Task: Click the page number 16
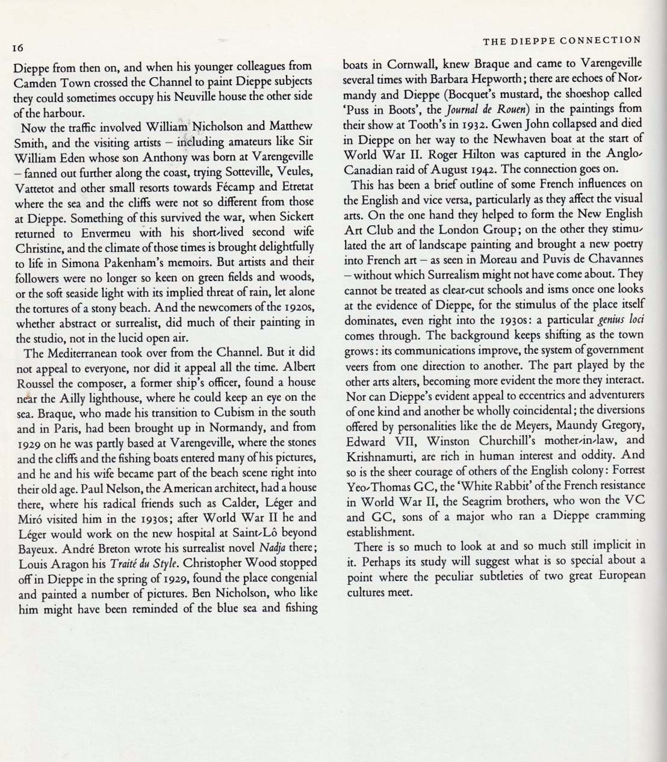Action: click(17, 48)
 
